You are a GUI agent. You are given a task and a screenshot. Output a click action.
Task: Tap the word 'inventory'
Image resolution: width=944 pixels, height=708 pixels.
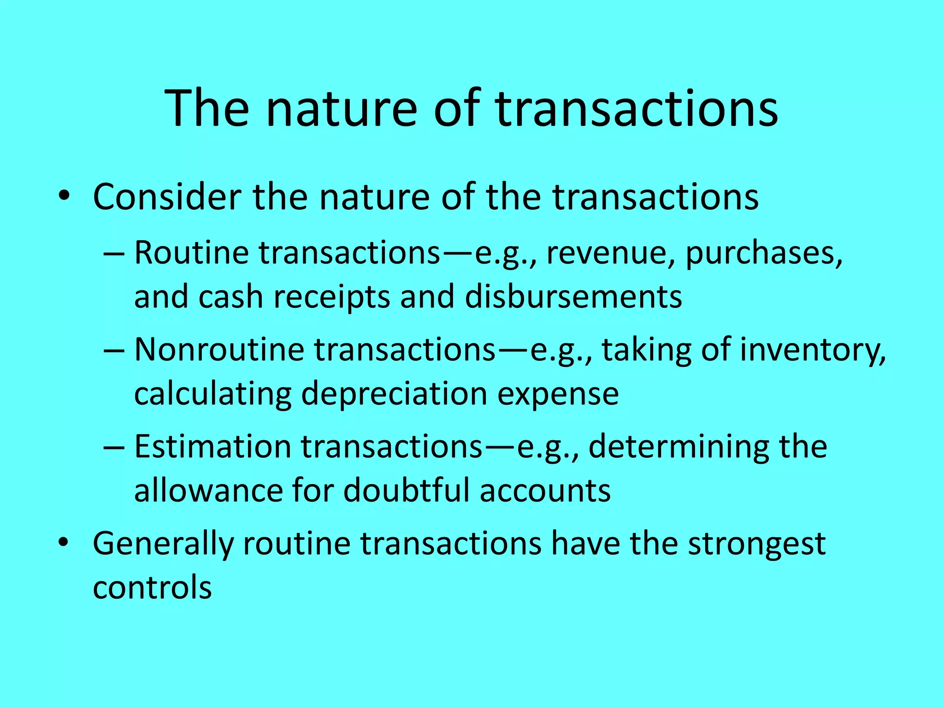[813, 350]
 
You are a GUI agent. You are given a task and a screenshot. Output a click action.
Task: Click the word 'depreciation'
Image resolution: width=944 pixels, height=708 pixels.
[394, 394]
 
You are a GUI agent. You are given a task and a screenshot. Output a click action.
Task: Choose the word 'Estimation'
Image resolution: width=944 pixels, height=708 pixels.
[212, 447]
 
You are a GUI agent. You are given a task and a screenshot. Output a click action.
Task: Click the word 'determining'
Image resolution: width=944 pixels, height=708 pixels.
[678, 448]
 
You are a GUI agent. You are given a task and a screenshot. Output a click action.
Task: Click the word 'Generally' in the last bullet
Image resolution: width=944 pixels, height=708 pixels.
[163, 544]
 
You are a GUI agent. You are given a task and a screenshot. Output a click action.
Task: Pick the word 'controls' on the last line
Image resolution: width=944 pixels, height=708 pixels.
[152, 587]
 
